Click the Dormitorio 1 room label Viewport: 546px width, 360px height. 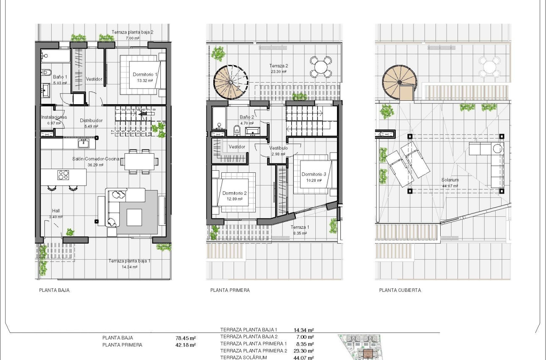pos(145,75)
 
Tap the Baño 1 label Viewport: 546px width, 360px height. pos(60,77)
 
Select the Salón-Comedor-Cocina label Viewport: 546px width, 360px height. pos(95,160)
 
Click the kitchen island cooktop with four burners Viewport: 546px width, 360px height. pos(63,175)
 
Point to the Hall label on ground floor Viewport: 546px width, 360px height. pos(56,210)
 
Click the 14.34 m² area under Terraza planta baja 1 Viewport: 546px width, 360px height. pos(129,267)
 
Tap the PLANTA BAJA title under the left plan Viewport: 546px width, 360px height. pos(54,291)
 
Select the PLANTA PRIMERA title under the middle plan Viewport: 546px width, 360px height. pos(230,291)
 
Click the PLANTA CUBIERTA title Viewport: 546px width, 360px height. pos(400,291)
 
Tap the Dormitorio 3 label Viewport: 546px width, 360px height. pos(314,174)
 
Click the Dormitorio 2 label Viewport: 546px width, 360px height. pos(234,193)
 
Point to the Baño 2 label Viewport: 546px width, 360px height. pos(246,117)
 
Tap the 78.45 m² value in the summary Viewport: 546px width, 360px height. pos(185,338)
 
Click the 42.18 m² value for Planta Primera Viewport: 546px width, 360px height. pos(185,345)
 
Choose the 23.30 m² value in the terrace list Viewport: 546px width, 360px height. pos(303,351)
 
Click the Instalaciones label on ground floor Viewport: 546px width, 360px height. pos(54,117)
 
